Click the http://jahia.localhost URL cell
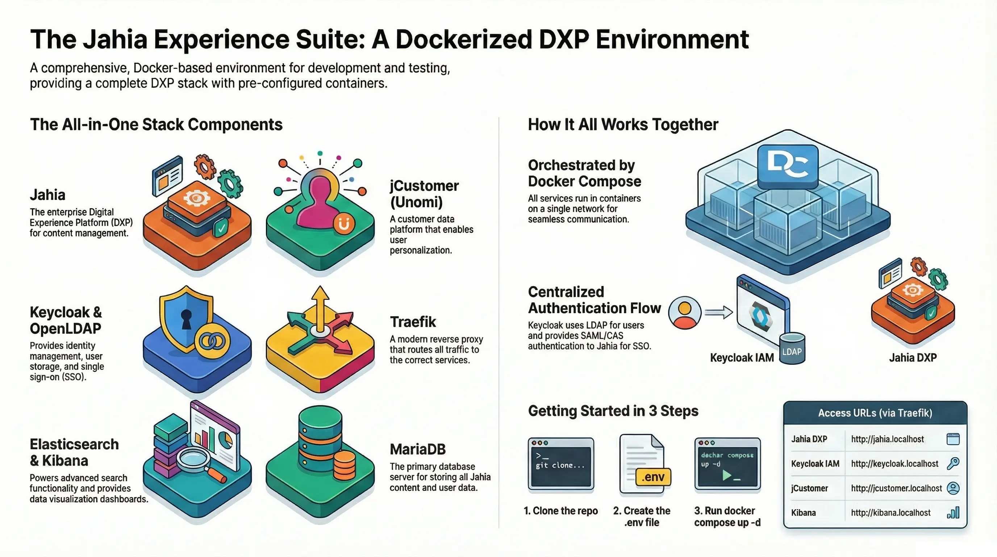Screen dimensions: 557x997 [x=887, y=439]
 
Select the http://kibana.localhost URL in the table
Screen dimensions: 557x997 [x=890, y=513]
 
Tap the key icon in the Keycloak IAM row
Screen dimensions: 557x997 [x=953, y=463]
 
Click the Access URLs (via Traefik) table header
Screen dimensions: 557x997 [x=875, y=413]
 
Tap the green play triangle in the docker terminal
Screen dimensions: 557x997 [x=727, y=475]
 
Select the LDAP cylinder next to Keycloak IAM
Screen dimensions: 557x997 [x=792, y=349]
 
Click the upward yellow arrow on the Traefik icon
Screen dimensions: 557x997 [x=320, y=310]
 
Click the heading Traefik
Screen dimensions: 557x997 [x=413, y=322]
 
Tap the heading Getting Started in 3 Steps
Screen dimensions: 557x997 [x=613, y=411]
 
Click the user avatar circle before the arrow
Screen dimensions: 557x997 [x=685, y=313]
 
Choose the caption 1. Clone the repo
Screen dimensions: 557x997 [x=560, y=511]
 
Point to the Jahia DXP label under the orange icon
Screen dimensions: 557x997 [x=913, y=358]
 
